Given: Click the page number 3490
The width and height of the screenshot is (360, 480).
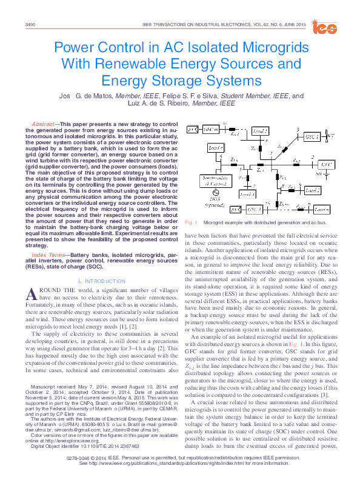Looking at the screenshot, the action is [x=30, y=24].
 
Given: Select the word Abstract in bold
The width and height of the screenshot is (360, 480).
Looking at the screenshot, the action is [x=43, y=124].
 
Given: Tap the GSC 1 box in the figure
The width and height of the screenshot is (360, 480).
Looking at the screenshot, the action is [x=313, y=137].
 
